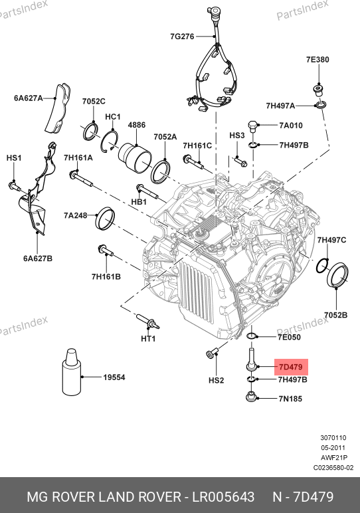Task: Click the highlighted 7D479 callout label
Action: click(x=291, y=367)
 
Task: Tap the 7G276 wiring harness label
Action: click(x=182, y=37)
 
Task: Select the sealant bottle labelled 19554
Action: click(x=71, y=371)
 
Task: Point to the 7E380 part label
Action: click(x=317, y=60)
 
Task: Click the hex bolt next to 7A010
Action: click(x=253, y=127)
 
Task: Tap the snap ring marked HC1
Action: click(x=109, y=142)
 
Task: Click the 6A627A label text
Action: click(x=29, y=98)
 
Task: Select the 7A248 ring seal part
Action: click(x=105, y=218)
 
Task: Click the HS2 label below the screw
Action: click(x=216, y=380)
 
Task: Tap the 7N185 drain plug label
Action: click(x=290, y=399)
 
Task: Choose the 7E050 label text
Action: click(x=289, y=337)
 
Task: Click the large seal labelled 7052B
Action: click(x=338, y=275)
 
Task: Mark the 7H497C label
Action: click(x=331, y=240)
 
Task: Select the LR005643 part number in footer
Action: click(x=223, y=496)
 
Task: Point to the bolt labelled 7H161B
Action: click(x=106, y=251)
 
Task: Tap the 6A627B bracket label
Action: click(x=38, y=258)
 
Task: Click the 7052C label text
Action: click(x=94, y=101)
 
